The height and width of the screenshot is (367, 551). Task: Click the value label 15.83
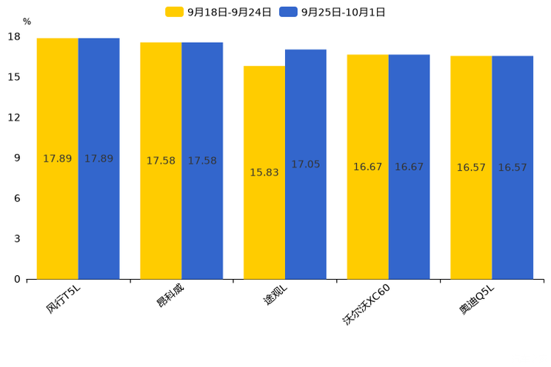tap(264, 172)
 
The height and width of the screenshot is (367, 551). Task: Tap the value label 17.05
tap(305, 164)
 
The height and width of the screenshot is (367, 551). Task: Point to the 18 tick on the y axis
tap(14, 37)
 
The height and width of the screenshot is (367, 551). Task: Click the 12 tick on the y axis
tap(14, 118)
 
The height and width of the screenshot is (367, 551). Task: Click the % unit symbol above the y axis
tap(27, 22)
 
